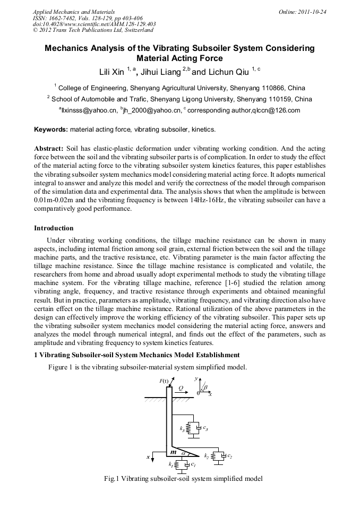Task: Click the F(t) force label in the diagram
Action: (x=164, y=381)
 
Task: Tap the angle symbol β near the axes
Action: (x=207, y=388)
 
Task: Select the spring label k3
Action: (x=182, y=428)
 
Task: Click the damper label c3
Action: (x=205, y=428)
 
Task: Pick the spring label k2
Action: (x=206, y=456)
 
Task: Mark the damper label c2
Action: (x=230, y=456)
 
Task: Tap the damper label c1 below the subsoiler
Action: (x=194, y=465)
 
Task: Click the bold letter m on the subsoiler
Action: (x=173, y=452)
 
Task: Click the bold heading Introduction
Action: (x=54, y=228)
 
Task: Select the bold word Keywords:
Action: (x=51, y=129)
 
